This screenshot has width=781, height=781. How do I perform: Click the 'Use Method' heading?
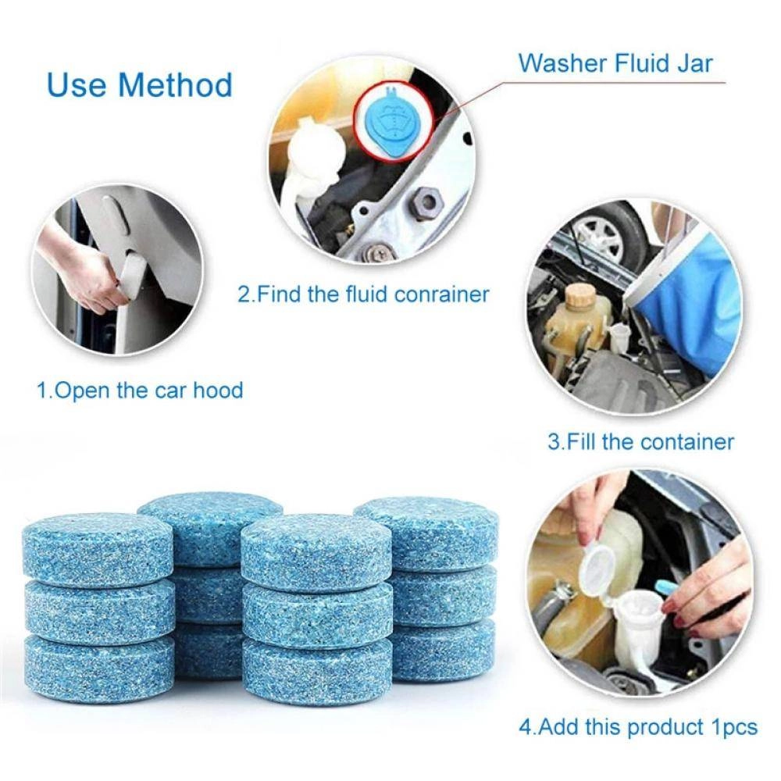pyautogui.click(x=140, y=84)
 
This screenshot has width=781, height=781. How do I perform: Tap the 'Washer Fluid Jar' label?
pyautogui.click(x=615, y=62)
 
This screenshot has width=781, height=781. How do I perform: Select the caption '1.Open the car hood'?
pyautogui.click(x=141, y=390)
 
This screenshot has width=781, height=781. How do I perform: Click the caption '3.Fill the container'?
pyautogui.click(x=640, y=442)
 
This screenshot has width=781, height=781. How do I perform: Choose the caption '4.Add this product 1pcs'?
pyautogui.click(x=637, y=727)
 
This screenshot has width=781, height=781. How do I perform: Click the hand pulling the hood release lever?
pyautogui.click(x=86, y=277)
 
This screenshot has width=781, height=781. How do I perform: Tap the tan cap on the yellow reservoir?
pyautogui.click(x=580, y=298)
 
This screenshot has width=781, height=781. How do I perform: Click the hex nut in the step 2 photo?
pyautogui.click(x=426, y=204)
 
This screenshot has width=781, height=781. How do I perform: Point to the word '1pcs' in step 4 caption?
pyautogui.click(x=734, y=727)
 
